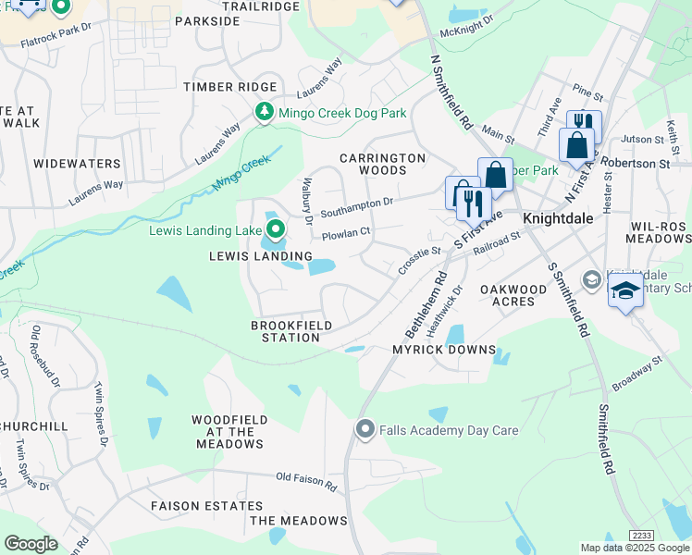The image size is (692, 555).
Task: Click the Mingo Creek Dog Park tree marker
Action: click(265, 113)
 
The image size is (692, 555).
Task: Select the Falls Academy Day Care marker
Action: click(365, 429)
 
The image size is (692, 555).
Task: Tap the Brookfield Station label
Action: click(285, 331)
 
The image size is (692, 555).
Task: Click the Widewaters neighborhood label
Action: click(77, 164)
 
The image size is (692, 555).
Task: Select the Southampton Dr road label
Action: click(357, 205)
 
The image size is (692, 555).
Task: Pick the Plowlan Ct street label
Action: click(346, 234)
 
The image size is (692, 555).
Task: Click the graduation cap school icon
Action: click(625, 290)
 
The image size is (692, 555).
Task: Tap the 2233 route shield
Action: click(641, 536)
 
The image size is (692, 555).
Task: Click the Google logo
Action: click(31, 544)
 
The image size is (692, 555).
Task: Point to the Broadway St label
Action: click(639, 367)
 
